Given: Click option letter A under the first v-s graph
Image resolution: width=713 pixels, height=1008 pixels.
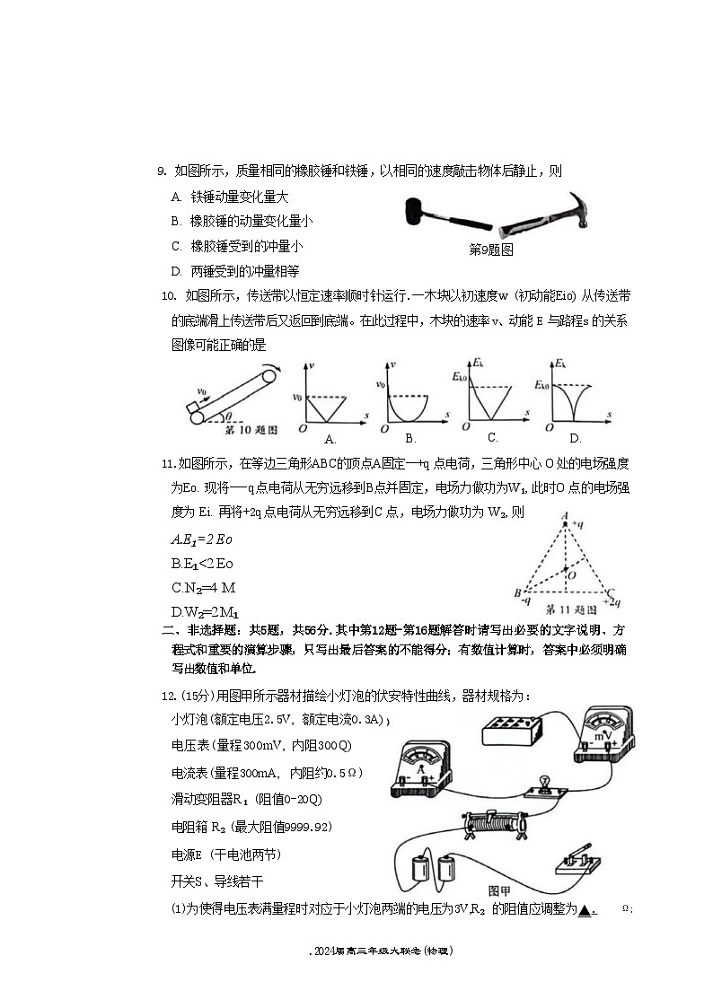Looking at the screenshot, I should click(x=330, y=439).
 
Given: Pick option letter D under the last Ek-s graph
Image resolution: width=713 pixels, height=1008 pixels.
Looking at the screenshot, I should click(x=576, y=438).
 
